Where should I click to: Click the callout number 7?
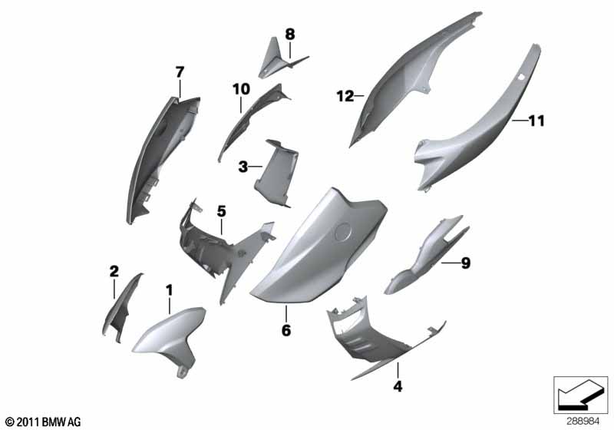(180, 72)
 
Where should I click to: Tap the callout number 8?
(290, 35)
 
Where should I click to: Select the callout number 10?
(241, 89)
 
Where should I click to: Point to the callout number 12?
(345, 96)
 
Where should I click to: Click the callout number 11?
(536, 121)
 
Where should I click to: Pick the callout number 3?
(243, 167)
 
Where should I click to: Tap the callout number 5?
(222, 211)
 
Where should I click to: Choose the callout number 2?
(114, 271)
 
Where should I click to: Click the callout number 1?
(169, 290)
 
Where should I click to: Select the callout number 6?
(286, 330)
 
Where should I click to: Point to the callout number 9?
(466, 263)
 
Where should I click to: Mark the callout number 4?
(398, 386)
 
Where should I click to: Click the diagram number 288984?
(583, 422)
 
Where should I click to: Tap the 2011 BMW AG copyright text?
(44, 422)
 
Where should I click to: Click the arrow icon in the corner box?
(580, 395)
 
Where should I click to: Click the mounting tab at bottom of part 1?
(181, 373)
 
